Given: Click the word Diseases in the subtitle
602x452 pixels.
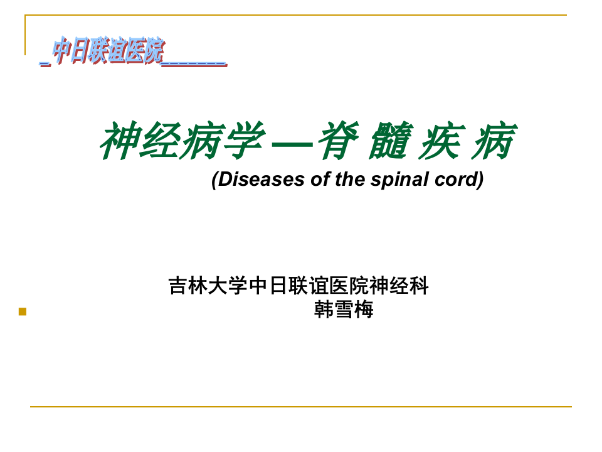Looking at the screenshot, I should [x=259, y=180].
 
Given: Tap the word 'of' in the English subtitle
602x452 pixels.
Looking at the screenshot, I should [x=320, y=180].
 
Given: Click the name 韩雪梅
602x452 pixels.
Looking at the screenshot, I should [x=344, y=309].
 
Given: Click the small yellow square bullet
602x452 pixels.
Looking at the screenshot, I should [x=23, y=311].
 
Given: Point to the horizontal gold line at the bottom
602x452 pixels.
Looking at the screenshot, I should [x=301, y=407].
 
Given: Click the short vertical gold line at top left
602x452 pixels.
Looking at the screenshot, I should [x=26, y=35].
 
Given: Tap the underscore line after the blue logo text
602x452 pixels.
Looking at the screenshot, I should [x=194, y=63].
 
